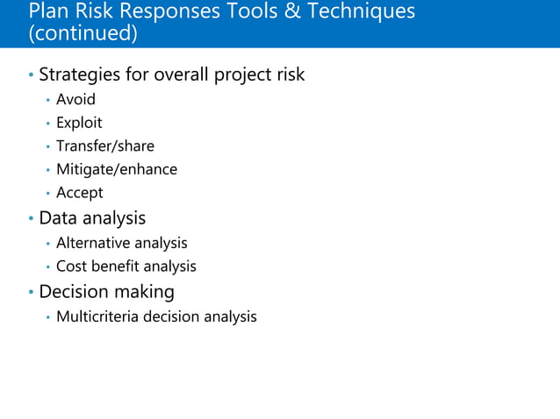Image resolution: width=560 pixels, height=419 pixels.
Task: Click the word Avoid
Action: point(75,100)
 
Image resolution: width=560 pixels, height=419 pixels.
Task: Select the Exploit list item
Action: point(79,123)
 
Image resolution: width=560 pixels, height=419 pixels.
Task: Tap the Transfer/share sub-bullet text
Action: point(104,146)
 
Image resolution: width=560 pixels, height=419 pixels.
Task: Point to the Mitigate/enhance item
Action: point(116,169)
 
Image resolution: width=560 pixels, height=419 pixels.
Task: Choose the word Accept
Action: point(79,193)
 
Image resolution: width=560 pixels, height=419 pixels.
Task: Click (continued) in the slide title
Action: point(83,33)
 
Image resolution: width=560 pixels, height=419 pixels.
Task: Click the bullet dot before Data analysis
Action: point(31,218)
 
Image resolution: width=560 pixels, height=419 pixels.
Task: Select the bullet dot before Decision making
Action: point(31,292)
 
